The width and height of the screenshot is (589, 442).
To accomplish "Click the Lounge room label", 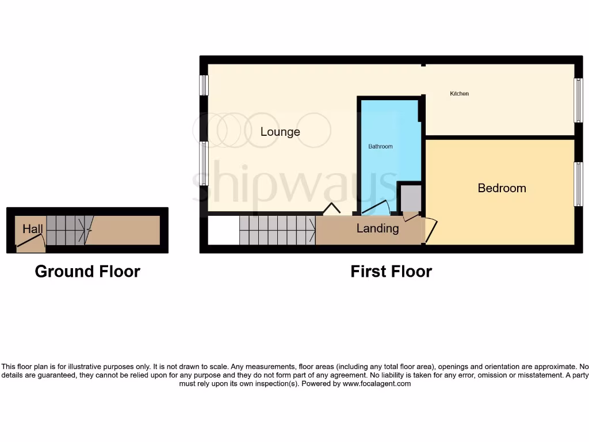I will tap(280, 132).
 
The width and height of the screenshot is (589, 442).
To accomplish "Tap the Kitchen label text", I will tap(459, 94).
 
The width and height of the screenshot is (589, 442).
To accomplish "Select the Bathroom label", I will tap(380, 147).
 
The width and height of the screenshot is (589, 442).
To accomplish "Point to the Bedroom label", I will tap(502, 188).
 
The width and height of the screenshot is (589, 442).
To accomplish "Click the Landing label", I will tap(377, 228).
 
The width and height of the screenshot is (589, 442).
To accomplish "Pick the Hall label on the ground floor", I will tap(33, 229).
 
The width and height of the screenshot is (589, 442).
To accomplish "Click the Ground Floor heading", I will tap(87, 272).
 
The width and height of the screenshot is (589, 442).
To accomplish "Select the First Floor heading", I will tap(391, 272).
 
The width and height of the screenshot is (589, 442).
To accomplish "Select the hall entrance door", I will tap(30, 243).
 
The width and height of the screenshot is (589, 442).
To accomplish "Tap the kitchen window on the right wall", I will tap(577, 100).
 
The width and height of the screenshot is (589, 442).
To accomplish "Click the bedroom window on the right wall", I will tap(577, 184).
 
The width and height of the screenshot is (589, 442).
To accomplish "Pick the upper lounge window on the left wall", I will tap(204, 85).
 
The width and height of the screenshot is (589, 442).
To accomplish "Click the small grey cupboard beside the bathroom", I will tap(411, 198).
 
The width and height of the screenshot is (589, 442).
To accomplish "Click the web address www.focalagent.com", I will tap(377, 383).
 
